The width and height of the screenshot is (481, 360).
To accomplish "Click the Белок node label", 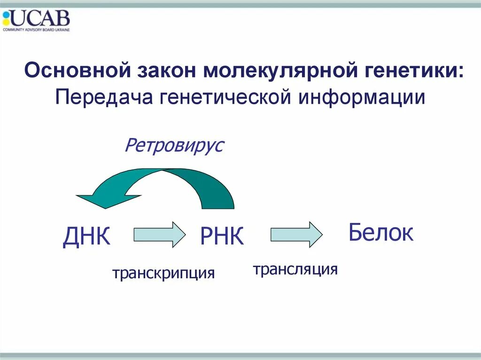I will tap(380, 233).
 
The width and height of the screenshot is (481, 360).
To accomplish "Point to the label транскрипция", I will tap(163, 273).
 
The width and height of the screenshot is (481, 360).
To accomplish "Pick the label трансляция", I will tap(295, 269).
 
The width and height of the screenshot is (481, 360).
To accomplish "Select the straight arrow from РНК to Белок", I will tap(296, 234).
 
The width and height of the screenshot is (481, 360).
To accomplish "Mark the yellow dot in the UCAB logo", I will tap(6, 22).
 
